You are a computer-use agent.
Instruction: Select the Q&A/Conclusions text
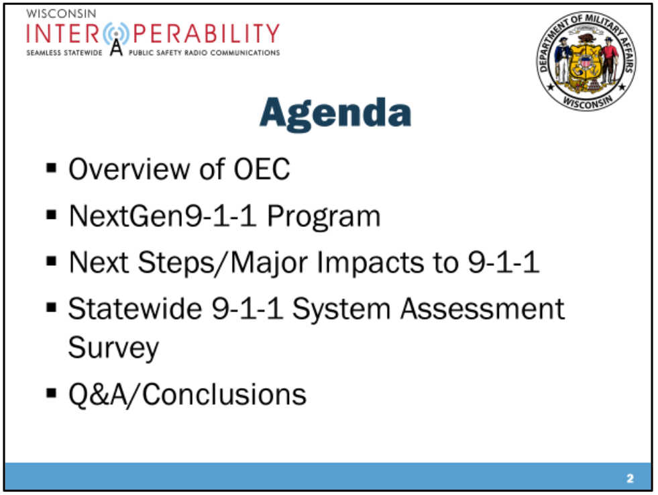187,394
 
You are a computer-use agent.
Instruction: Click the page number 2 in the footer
630,479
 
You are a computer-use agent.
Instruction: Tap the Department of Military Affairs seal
586,61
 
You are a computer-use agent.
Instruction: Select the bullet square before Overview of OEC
52,167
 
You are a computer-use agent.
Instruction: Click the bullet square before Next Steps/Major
52,261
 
